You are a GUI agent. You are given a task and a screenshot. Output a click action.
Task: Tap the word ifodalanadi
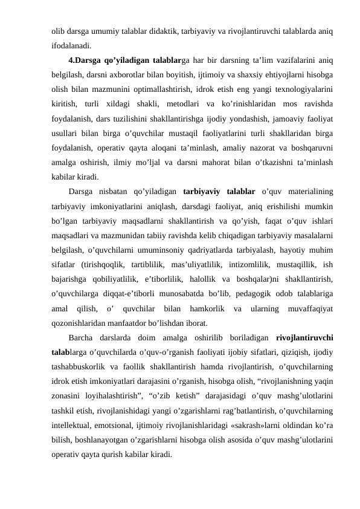[71, 45]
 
